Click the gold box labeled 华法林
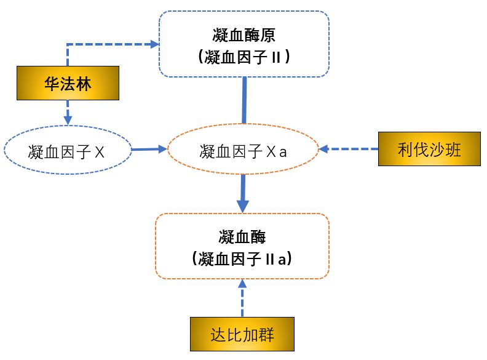click(68, 84)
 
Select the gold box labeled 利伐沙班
click(429, 149)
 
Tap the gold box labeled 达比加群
click(242, 335)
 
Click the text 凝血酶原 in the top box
click(244, 34)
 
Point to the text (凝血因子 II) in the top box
click(244, 57)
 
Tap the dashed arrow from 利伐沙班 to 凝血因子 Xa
click(348, 149)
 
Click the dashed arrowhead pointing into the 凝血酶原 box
click(154, 44)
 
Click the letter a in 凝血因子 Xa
click(283, 151)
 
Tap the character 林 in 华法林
click(84, 84)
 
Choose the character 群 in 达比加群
click(266, 335)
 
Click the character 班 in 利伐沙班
click(453, 149)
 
